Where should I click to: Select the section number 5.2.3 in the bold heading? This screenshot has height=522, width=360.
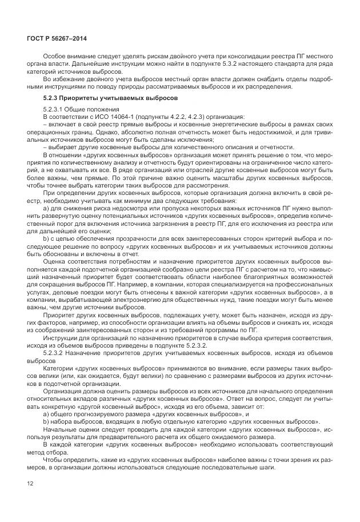(x=51, y=97)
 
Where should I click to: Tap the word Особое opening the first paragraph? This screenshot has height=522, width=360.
(x=53, y=55)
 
